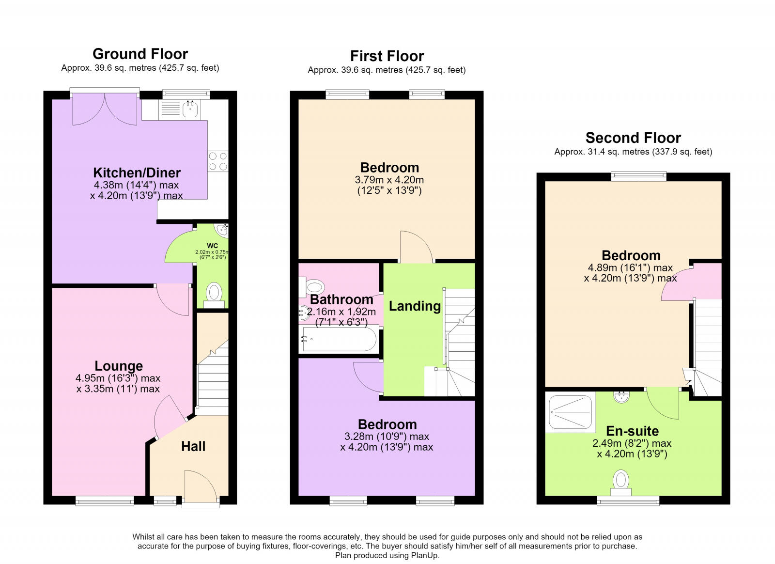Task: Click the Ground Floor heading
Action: point(140,54)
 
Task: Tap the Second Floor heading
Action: point(633,138)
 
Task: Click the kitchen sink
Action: point(190,109)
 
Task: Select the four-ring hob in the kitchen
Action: point(218,161)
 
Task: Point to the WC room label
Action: point(213,246)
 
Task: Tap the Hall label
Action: point(193,446)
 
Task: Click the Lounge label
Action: point(119,366)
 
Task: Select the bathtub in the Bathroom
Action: point(339,340)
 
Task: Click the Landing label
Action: point(415,306)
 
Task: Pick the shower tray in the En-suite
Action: point(570,412)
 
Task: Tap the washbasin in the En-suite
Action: point(622,396)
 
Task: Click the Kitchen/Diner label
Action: point(137,172)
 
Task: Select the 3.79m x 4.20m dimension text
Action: point(389,180)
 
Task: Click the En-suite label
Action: point(633,431)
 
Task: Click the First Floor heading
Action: point(387,56)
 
